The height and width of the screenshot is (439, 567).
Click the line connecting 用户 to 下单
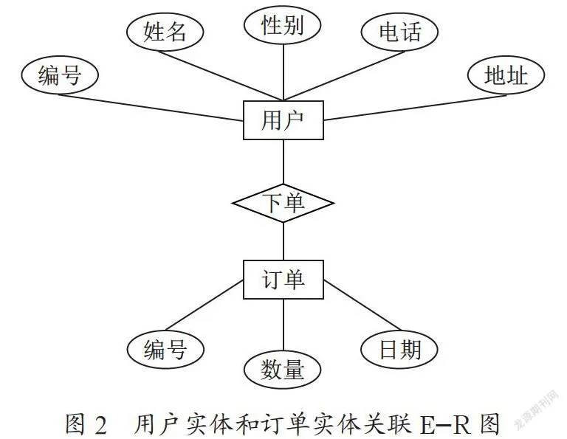[x=283, y=162]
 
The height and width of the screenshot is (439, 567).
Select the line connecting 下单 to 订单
[x=283, y=241]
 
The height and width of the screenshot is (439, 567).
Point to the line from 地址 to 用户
[x=415, y=108]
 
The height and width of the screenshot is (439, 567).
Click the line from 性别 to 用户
[x=283, y=72]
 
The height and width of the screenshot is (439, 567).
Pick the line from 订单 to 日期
[x=362, y=305]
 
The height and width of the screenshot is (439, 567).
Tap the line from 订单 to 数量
[x=283, y=325]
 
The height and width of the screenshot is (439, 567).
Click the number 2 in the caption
[x=101, y=425]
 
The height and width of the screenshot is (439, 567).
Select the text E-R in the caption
[x=445, y=424]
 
